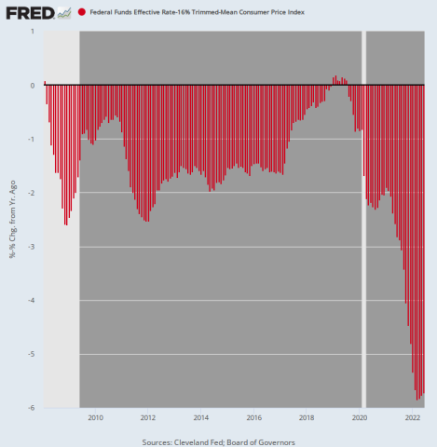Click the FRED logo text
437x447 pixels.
pyautogui.click(x=29, y=12)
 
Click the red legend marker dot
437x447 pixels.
pyautogui.click(x=82, y=12)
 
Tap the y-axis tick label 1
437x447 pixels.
pyautogui.click(x=33, y=31)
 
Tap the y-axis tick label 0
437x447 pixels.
pyautogui.click(x=33, y=85)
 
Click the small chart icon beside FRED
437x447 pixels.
pyautogui.click(x=63, y=12)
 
